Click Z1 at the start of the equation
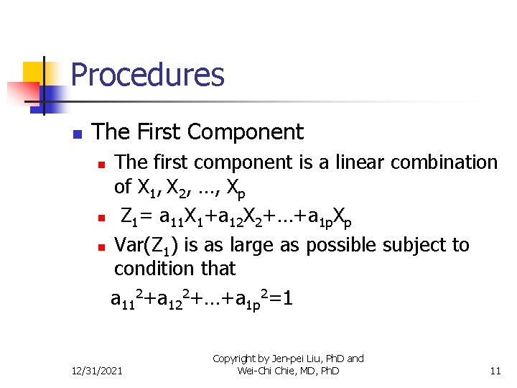coord(130,216)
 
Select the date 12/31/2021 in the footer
coord(97,371)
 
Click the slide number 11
coord(495,371)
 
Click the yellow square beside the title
coord(33,73)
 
